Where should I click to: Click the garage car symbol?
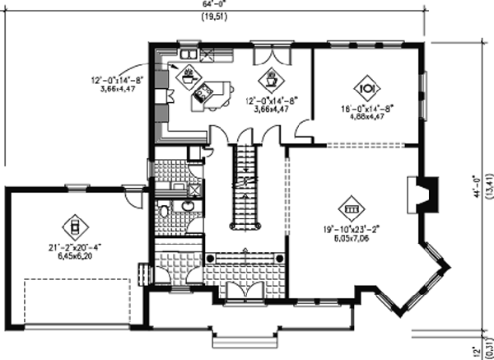pyautogui.click(x=72, y=225)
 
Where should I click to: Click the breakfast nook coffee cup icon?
pyautogui.click(x=270, y=80)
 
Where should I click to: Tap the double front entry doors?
pyautogui.click(x=244, y=290)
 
